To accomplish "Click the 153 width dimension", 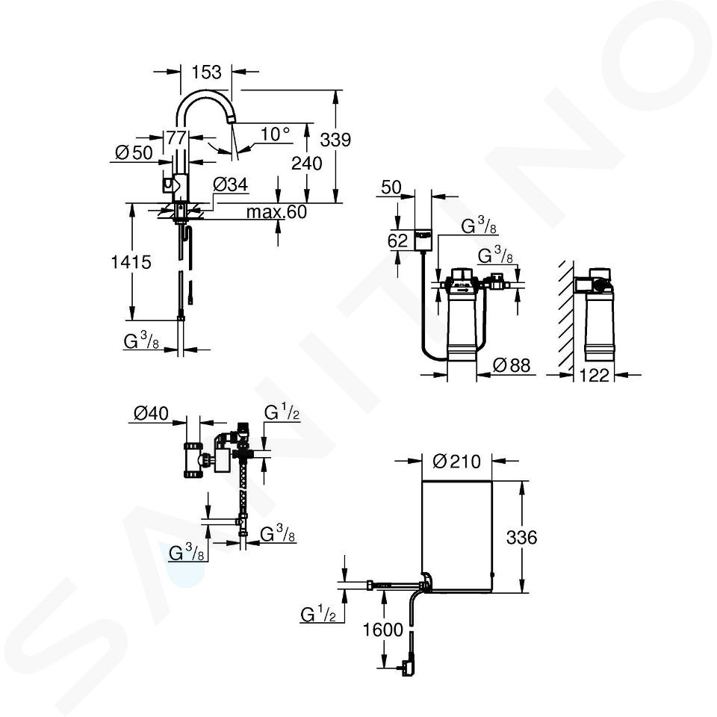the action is [x=206, y=72].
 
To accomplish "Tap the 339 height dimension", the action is [x=335, y=140].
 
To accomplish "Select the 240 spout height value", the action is [x=307, y=164].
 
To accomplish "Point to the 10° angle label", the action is [x=275, y=134].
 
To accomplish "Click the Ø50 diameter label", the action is [x=134, y=152].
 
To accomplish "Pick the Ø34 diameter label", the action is [x=231, y=184].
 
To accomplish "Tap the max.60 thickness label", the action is [x=276, y=211].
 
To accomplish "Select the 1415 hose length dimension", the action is [x=131, y=262].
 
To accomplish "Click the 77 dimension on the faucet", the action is [x=176, y=137].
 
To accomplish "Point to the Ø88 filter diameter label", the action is [x=512, y=365].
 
